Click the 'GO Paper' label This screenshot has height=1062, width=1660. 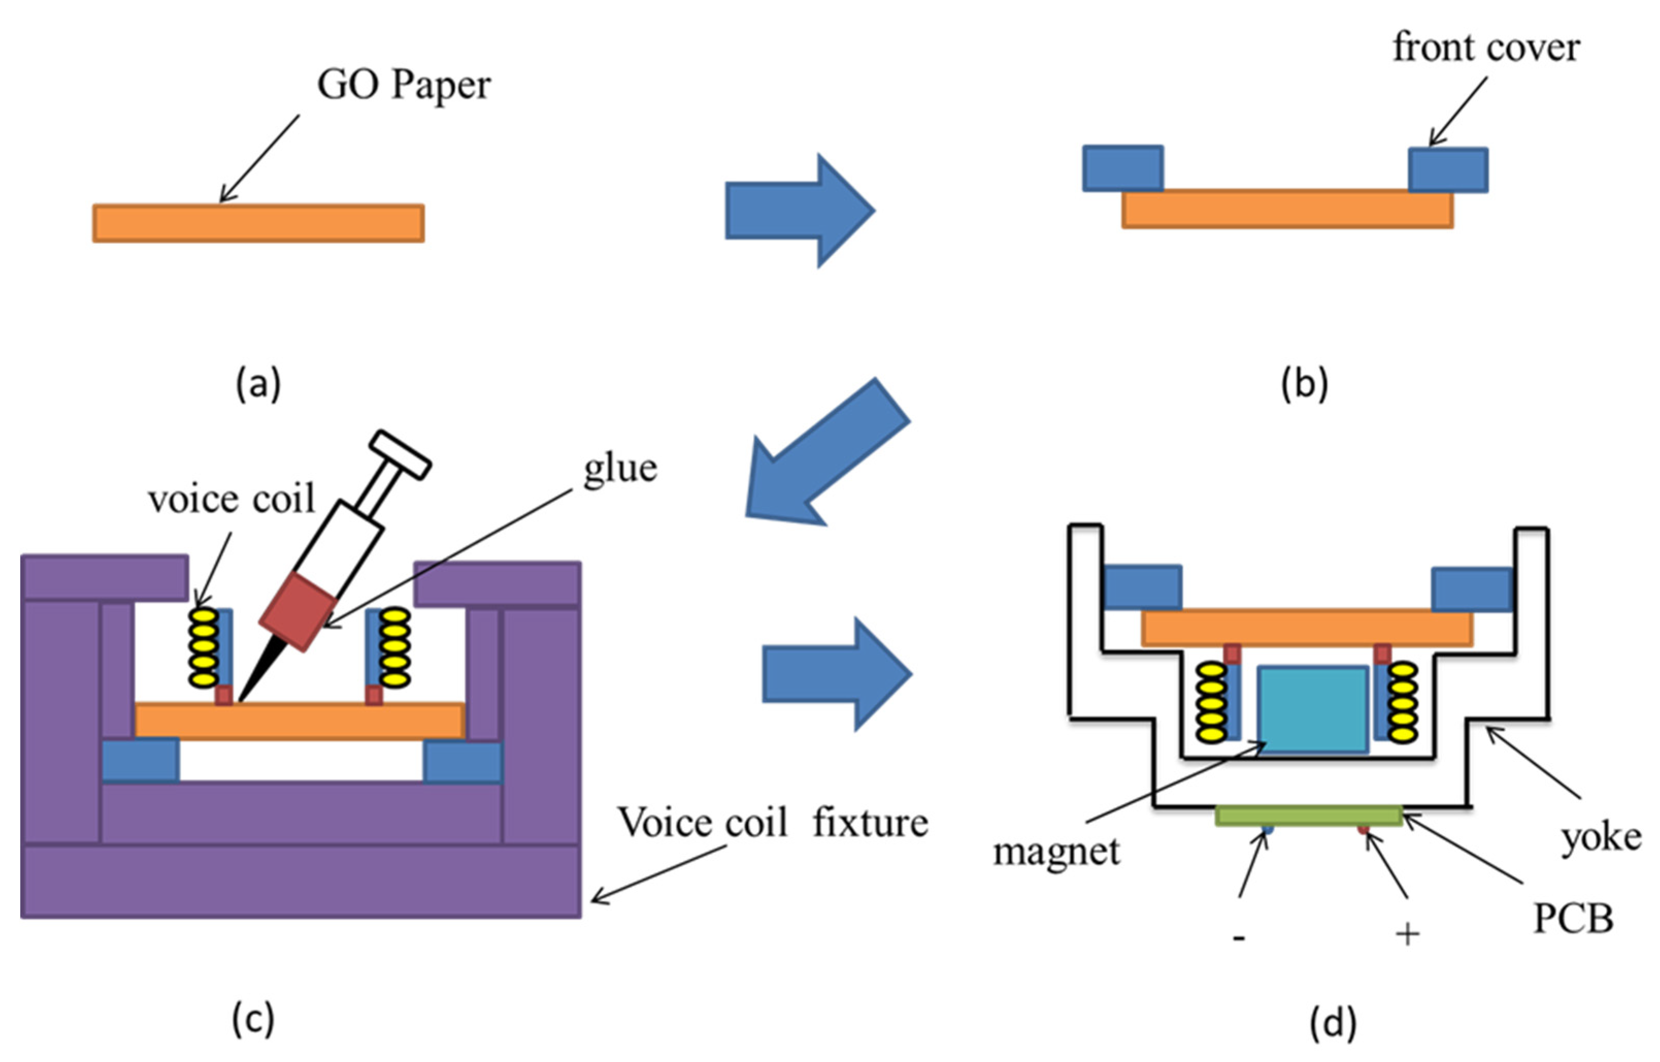click(x=404, y=86)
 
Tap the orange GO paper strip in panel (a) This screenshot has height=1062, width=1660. click(x=259, y=223)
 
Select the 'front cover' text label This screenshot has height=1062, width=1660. click(x=1486, y=48)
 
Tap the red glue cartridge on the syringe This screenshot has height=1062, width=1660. click(x=298, y=611)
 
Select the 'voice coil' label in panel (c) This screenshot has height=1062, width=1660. click(x=231, y=499)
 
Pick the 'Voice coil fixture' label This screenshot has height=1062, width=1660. click(x=772, y=823)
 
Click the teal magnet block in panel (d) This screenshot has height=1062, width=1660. click(x=1313, y=709)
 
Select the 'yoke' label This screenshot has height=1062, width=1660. click(x=1601, y=838)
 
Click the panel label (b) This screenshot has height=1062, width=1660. click(x=1303, y=384)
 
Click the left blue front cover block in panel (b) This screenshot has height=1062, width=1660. click(x=1122, y=168)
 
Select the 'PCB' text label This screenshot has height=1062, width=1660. click(x=1572, y=919)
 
